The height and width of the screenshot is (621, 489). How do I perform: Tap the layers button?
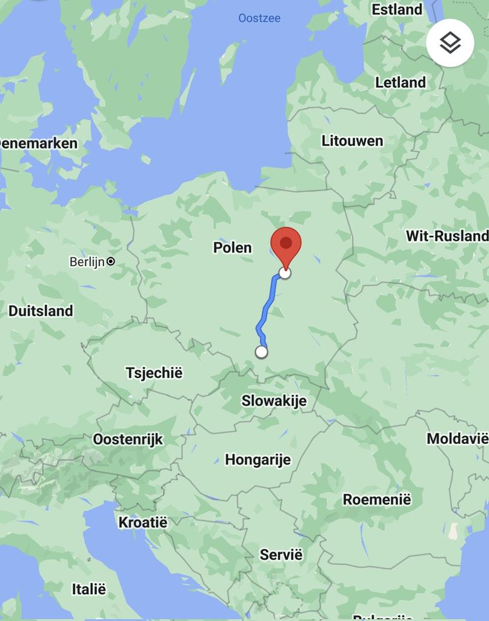[x=450, y=42]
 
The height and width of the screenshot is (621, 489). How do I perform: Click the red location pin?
[x=285, y=244]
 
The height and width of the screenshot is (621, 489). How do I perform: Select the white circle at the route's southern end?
[x=261, y=352]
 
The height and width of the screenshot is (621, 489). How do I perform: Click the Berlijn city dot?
[x=110, y=262]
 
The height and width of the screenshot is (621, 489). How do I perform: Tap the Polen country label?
[x=232, y=247]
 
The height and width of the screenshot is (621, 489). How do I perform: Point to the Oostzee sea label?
[x=259, y=18]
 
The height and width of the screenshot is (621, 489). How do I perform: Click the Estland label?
[x=397, y=10]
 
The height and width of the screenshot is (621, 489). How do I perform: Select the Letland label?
[x=400, y=82]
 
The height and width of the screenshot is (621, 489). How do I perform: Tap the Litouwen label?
[x=352, y=141]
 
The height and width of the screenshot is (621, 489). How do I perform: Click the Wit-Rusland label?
[x=447, y=236]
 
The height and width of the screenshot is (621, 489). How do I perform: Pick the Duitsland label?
[x=41, y=311]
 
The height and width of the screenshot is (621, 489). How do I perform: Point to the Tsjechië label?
[x=154, y=372]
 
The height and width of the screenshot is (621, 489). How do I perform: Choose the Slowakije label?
[x=274, y=401]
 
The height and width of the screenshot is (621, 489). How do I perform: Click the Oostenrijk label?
[x=128, y=439]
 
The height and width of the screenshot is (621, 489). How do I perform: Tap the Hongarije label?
[x=258, y=460]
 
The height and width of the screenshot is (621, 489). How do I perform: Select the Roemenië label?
[x=376, y=500]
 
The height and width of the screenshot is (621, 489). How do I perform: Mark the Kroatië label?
[x=142, y=522]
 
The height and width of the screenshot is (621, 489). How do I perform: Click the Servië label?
[x=281, y=554]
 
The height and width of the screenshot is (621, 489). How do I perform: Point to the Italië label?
[x=88, y=589]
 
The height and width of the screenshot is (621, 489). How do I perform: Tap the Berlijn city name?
[x=87, y=262]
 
